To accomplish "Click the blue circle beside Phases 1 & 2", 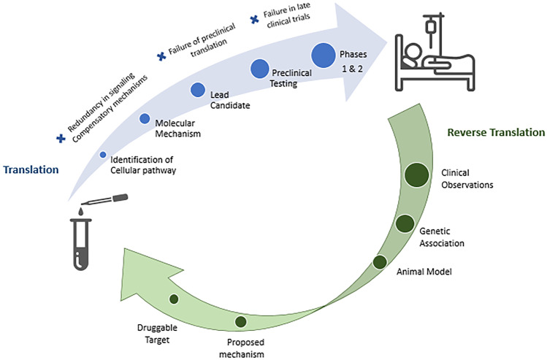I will pyautogui.click(x=324, y=55).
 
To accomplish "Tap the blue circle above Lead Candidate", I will pyautogui.click(x=198, y=90).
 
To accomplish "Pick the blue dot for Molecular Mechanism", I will pyautogui.click(x=145, y=119).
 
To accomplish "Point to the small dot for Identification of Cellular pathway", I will pyautogui.click(x=103, y=154).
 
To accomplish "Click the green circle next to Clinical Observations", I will pyautogui.click(x=416, y=175).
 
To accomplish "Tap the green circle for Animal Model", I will pyautogui.click(x=380, y=262).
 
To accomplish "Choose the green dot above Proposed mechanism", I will pyautogui.click(x=241, y=321).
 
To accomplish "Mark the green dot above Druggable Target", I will pyautogui.click(x=174, y=299).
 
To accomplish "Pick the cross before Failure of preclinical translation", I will pyautogui.click(x=161, y=55).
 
